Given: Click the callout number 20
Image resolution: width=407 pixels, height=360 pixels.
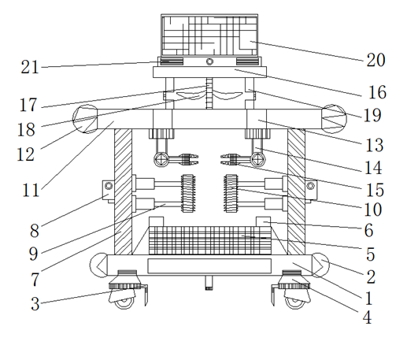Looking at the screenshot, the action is [x=376, y=60].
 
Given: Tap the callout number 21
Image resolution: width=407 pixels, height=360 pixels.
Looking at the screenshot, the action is [x=30, y=67].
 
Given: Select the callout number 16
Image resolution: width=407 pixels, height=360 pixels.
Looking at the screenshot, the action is [x=377, y=92].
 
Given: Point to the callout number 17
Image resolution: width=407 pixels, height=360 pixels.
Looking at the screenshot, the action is [x=28, y=105].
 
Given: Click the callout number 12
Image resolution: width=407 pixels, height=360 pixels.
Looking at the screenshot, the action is [x=25, y=154].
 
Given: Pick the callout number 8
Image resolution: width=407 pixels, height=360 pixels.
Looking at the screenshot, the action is [x=35, y=231].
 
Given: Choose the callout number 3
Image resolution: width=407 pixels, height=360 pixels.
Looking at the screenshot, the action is [x=35, y=304].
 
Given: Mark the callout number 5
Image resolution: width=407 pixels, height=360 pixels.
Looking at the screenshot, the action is [x=370, y=254].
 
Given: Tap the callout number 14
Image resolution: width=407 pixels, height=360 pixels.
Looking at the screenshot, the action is [x=373, y=168].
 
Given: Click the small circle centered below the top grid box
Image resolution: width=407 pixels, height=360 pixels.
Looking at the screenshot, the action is [x=209, y=61].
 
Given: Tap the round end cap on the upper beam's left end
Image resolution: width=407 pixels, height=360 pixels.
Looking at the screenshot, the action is [x=85, y=119].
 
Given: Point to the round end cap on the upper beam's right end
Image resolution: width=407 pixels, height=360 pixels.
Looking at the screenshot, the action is [x=334, y=119].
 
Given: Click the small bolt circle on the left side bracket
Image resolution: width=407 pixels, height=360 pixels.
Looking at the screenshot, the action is [x=109, y=186].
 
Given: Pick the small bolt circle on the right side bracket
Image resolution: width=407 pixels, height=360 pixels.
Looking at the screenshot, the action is [x=311, y=186].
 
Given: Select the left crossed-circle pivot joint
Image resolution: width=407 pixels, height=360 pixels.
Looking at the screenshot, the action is [x=161, y=159].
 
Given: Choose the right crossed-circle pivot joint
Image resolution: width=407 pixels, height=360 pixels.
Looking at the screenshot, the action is [x=257, y=159].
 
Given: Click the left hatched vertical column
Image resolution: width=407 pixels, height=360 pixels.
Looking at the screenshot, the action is [x=123, y=191].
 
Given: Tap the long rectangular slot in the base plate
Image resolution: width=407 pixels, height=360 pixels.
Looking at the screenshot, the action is [x=209, y=266].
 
